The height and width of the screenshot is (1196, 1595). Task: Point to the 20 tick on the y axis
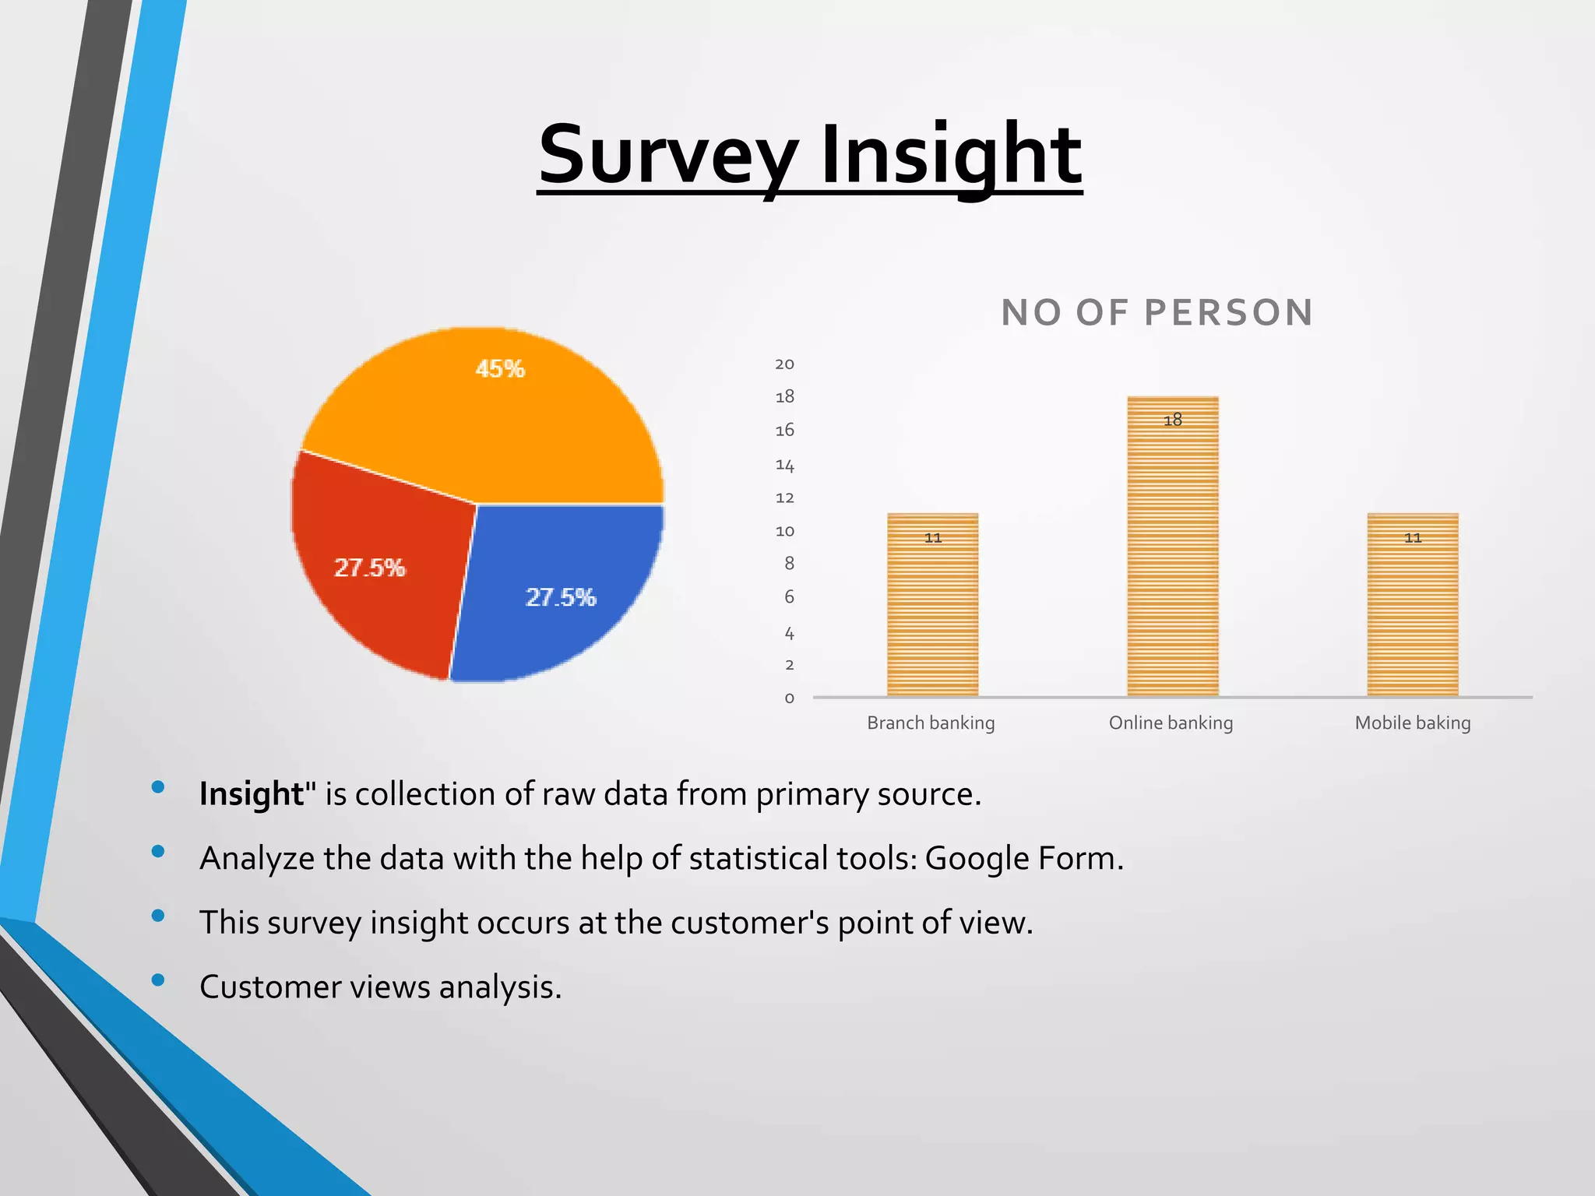[x=784, y=364]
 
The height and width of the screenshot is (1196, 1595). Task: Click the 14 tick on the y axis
[x=784, y=466]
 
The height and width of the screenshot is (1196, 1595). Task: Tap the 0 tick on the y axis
[x=789, y=698]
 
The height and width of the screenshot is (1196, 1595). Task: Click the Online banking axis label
[x=1171, y=723]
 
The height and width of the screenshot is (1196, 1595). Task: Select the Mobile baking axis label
[x=1412, y=723]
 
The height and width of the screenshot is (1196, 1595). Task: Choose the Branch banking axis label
[x=931, y=723]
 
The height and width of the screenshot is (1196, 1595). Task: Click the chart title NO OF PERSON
[x=1157, y=313]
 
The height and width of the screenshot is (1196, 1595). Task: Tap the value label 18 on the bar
[x=1172, y=420]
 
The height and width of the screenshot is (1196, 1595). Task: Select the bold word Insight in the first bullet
[x=251, y=794]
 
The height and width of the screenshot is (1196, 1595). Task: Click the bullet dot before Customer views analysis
[x=158, y=980]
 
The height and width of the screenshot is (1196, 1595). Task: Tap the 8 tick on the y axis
[x=789, y=564]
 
